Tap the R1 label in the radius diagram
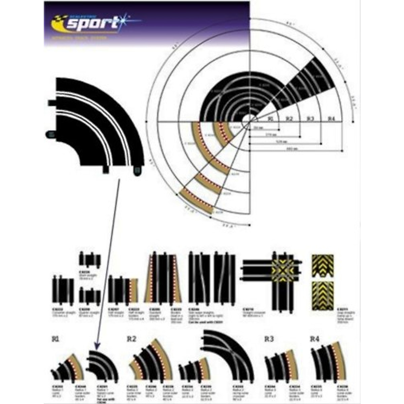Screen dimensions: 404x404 point(271,119)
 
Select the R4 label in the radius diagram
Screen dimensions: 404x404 point(332,119)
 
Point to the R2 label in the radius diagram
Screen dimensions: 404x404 point(290,119)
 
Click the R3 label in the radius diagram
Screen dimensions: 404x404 point(310,119)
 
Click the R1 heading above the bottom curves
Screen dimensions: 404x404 point(56,340)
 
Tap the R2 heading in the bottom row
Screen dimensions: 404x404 point(132,339)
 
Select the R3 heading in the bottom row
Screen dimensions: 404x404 point(269,339)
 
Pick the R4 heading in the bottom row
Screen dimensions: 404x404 point(314,339)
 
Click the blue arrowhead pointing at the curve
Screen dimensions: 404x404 point(97,345)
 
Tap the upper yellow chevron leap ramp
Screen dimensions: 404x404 point(323,266)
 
